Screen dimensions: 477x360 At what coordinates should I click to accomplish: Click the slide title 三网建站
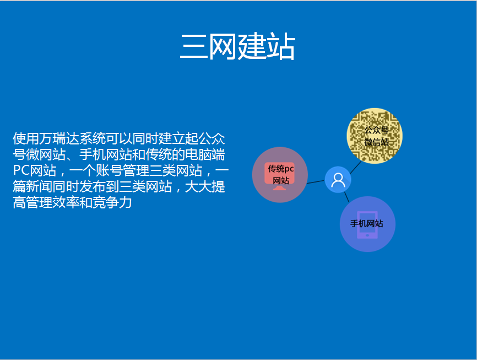237,46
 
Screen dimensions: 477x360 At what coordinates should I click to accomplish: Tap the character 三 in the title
193,46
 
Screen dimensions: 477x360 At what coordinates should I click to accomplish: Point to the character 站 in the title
281,46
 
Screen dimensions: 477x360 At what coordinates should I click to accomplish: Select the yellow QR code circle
375,136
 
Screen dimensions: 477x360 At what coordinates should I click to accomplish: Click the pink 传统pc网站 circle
280,175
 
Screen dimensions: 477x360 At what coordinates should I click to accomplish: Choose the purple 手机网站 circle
367,224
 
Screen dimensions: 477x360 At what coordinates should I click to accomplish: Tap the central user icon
338,180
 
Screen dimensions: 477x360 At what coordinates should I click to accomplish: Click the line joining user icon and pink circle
316,182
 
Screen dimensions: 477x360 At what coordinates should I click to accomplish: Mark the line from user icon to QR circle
356,167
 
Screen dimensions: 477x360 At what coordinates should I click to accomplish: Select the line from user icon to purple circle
346,197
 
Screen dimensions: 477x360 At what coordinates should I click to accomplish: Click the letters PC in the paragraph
21,170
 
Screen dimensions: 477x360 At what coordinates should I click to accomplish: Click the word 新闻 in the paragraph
39,186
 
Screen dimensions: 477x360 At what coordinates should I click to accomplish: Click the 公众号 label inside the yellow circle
377,130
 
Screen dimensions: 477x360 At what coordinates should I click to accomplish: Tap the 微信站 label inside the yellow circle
377,142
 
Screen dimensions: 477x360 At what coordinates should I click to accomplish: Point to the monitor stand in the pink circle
280,188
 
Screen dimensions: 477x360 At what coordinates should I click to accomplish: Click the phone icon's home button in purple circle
367,235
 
